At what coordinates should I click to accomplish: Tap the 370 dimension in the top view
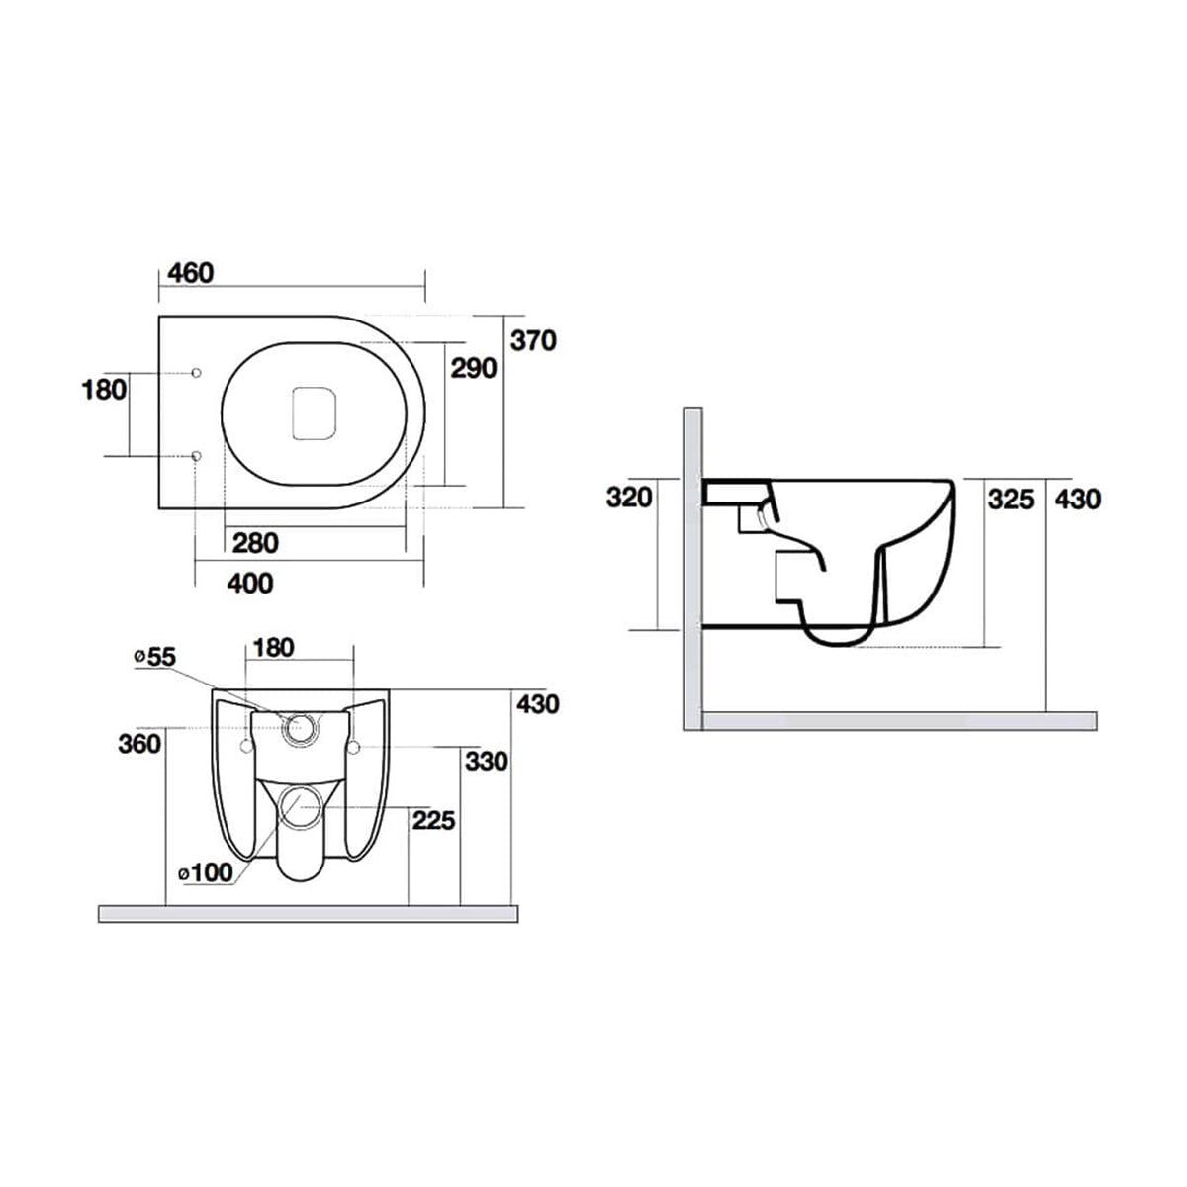[x=534, y=340]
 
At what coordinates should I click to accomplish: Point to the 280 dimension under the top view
[x=255, y=542]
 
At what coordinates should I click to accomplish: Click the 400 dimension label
[x=249, y=584]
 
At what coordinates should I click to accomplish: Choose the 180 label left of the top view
[x=104, y=389]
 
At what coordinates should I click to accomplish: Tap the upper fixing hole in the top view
[x=196, y=372]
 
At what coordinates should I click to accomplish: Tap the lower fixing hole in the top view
[x=196, y=456]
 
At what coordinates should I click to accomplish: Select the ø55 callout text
[x=154, y=656]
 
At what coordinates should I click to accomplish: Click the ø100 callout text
[x=205, y=872]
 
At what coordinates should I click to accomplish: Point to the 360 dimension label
[x=138, y=743]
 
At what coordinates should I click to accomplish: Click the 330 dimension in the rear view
[x=486, y=761]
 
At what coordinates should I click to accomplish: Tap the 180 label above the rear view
[x=273, y=648]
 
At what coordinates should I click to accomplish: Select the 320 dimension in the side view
[x=630, y=497]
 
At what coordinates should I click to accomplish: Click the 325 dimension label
[x=1010, y=499]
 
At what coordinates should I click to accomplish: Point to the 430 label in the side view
[x=1077, y=499]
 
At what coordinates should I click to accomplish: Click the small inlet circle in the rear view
[x=299, y=729]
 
